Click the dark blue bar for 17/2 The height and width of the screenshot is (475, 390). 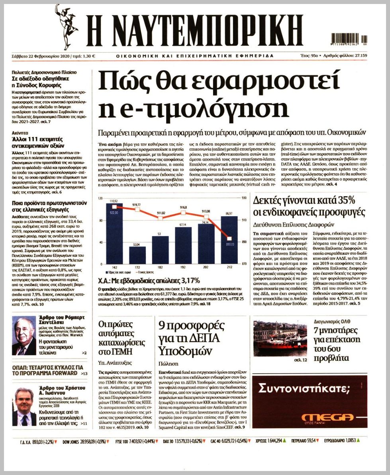pyautogui.click(x=137, y=255)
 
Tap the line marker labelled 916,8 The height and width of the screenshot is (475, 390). pyautogui.click(x=183, y=213)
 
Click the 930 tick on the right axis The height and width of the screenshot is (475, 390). pyautogui.click(x=244, y=198)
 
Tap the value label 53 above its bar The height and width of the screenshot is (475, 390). pyautogui.click(x=159, y=234)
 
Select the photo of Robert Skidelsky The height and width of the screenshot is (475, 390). pyautogui.click(x=24, y=335)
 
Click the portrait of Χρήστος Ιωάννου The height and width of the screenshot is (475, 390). pyautogui.click(x=24, y=406)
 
